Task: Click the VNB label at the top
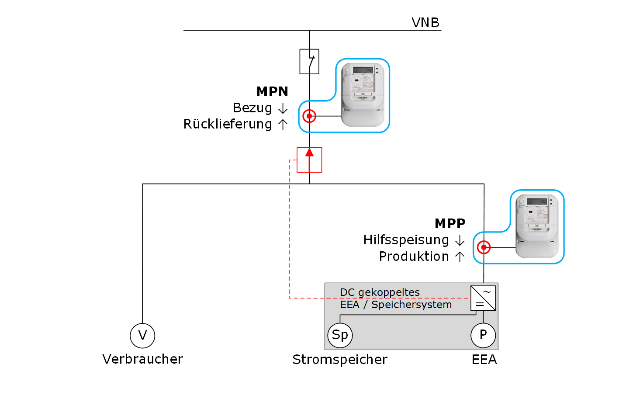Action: coord(425,22)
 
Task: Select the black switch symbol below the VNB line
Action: coord(309,61)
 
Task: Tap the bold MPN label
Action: coord(272,91)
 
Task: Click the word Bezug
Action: coord(252,108)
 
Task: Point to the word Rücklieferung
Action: coord(228,124)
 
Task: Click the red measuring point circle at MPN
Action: coord(309,116)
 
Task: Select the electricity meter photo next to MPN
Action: coord(363,94)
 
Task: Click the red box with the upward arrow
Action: coord(309,160)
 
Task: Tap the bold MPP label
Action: coord(450,223)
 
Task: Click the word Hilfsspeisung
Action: coord(406,240)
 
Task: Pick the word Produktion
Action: coord(414,257)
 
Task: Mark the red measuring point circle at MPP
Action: coord(484,247)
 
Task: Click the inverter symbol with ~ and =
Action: coord(483,298)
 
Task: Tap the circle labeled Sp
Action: coord(340,335)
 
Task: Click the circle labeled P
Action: coord(483,335)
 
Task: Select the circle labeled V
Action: coord(142,335)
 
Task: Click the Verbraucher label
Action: coord(142,359)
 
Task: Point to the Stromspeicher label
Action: coord(339,360)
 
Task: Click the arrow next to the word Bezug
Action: coord(283,108)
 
